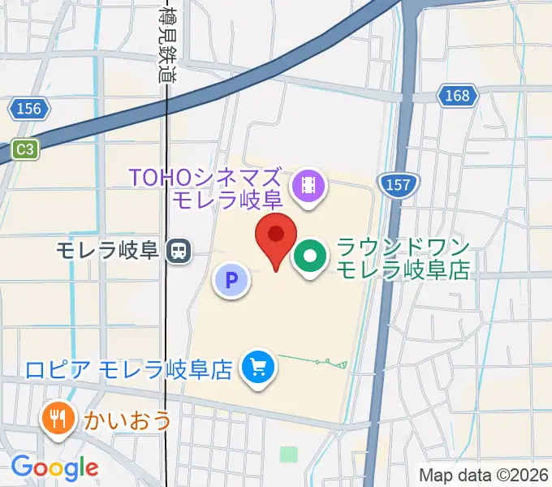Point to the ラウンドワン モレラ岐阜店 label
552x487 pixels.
point(403,259)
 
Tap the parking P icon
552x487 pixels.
point(231,281)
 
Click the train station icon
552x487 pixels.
point(178,251)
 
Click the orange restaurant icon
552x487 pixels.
point(56,419)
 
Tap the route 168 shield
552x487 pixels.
point(457,96)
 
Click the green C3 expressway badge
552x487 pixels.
point(25,149)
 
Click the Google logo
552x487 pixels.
point(54,468)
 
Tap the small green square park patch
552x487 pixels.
point(288,454)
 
